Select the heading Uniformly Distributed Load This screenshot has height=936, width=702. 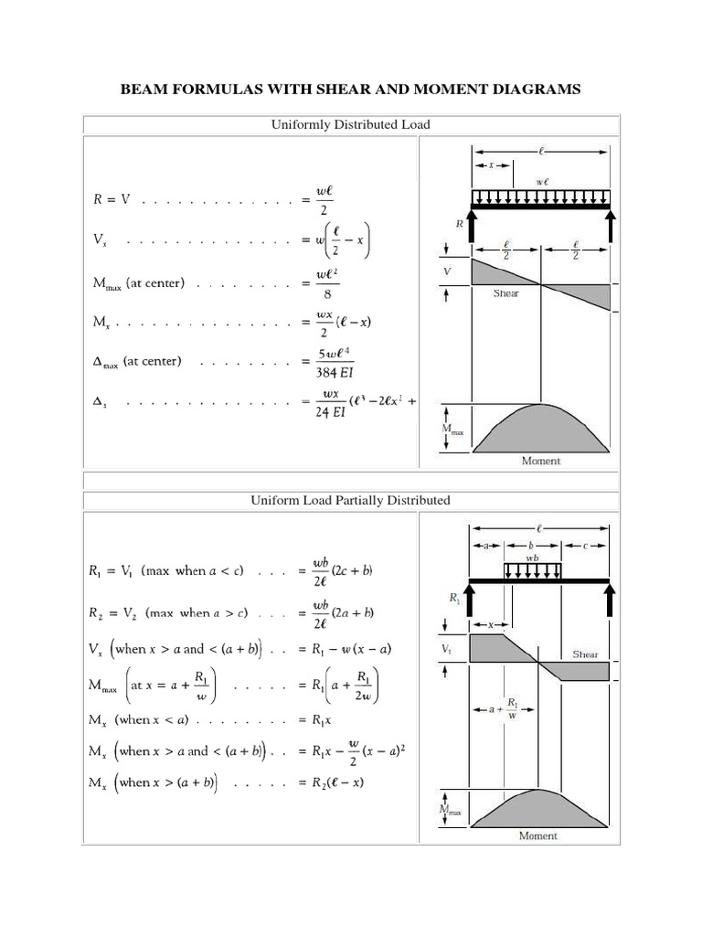coord(351,124)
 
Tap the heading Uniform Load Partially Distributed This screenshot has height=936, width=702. coord(351,500)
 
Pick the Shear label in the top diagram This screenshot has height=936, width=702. coord(505,293)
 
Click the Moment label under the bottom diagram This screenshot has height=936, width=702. coord(539,835)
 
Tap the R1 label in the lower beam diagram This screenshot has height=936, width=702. coord(454,599)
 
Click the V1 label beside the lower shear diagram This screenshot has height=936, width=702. coord(446,650)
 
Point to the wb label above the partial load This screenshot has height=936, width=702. coord(531,555)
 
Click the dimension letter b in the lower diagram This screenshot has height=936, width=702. coord(531,545)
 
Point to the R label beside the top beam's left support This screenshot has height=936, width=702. coord(461,222)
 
